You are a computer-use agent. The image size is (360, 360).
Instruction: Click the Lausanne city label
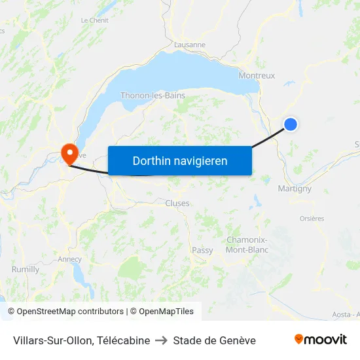pyautogui.click(x=190, y=45)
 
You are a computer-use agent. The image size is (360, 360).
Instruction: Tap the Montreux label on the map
pyautogui.click(x=257, y=75)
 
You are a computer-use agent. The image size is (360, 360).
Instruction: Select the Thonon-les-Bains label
pyautogui.click(x=153, y=96)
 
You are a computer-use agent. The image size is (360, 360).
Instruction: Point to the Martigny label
pyautogui.click(x=295, y=189)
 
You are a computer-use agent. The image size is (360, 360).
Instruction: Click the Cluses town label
pyautogui.click(x=177, y=204)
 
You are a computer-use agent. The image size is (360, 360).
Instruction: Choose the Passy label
pyautogui.click(x=202, y=250)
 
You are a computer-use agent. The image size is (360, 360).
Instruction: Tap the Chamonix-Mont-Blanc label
pyautogui.click(x=247, y=245)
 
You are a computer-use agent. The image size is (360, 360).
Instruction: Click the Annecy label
pyautogui.click(x=70, y=259)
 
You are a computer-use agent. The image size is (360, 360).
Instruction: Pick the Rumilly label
pyautogui.click(x=26, y=269)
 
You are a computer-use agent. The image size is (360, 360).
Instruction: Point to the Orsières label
pyautogui.click(x=312, y=219)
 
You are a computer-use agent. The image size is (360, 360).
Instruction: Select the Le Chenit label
pyautogui.click(x=94, y=20)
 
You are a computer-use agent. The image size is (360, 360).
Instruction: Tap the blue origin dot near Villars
pyautogui.click(x=291, y=124)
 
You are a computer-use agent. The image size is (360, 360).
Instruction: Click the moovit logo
pyautogui.click(x=320, y=340)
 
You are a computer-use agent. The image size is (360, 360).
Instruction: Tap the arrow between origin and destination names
pyautogui.click(x=161, y=340)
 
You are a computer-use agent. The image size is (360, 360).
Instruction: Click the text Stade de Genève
pyautogui.click(x=214, y=340)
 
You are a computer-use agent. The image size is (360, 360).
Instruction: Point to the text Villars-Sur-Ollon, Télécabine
pyautogui.click(x=81, y=340)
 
